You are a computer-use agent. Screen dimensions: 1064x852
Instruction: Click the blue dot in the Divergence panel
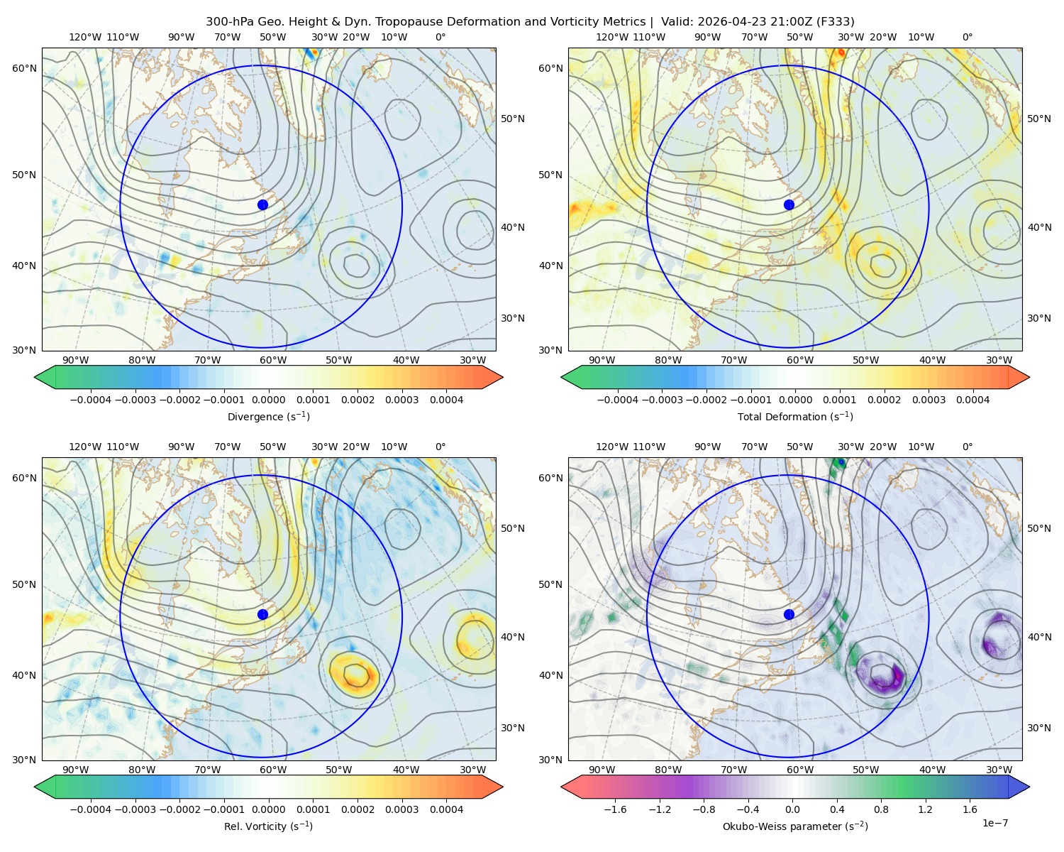(x=262, y=204)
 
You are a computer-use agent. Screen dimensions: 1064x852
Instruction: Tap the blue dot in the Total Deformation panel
(x=789, y=204)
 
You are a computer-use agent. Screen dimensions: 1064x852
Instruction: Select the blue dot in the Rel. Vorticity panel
(x=262, y=614)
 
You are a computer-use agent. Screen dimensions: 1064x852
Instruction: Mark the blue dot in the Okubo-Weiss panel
(x=789, y=614)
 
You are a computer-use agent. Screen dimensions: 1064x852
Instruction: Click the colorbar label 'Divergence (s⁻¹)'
(x=268, y=417)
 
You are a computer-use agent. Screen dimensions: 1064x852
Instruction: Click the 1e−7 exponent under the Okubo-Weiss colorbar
(x=994, y=823)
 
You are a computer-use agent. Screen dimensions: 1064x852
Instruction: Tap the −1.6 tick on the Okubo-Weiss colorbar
(x=615, y=809)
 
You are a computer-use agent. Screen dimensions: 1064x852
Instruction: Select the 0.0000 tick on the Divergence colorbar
(x=268, y=400)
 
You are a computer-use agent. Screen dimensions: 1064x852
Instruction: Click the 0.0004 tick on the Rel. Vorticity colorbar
(x=446, y=809)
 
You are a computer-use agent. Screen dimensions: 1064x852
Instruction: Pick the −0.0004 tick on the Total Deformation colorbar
(x=618, y=400)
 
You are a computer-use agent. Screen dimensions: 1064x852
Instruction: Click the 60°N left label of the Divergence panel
(x=24, y=68)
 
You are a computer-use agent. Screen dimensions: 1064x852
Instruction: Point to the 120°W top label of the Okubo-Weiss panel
(x=612, y=447)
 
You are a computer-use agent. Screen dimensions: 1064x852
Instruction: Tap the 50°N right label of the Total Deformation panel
(x=1039, y=119)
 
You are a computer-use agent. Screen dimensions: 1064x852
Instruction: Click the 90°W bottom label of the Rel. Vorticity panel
(x=76, y=770)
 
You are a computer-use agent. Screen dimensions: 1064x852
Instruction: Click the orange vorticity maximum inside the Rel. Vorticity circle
(x=354, y=674)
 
